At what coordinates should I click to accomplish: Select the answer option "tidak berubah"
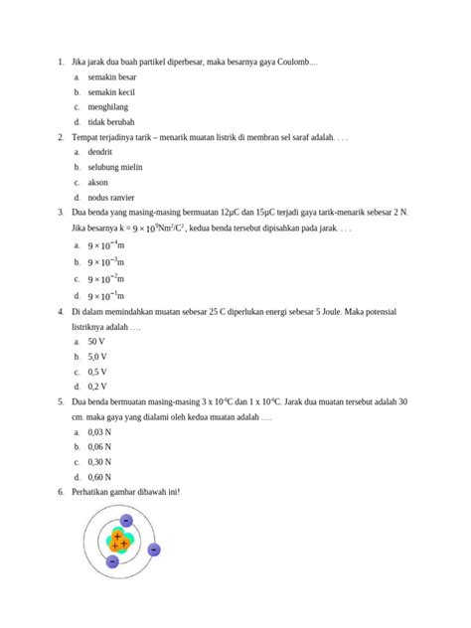[x=110, y=121]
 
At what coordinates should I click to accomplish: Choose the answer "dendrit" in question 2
[x=100, y=152]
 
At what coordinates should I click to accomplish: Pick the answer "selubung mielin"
[x=115, y=167]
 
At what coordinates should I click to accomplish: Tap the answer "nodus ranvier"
[x=113, y=198]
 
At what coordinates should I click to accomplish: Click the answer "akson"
[x=98, y=183]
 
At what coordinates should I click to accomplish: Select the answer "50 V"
[x=97, y=341]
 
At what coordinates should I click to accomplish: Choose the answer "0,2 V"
[x=97, y=387]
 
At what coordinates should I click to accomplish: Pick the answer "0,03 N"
[x=99, y=432]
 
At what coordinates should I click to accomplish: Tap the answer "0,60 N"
[x=99, y=477]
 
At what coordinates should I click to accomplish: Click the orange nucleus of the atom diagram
[x=120, y=542]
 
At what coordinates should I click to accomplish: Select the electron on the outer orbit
[x=154, y=549]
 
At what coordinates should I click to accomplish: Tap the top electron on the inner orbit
[x=126, y=520]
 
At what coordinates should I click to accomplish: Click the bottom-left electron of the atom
[x=112, y=562]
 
